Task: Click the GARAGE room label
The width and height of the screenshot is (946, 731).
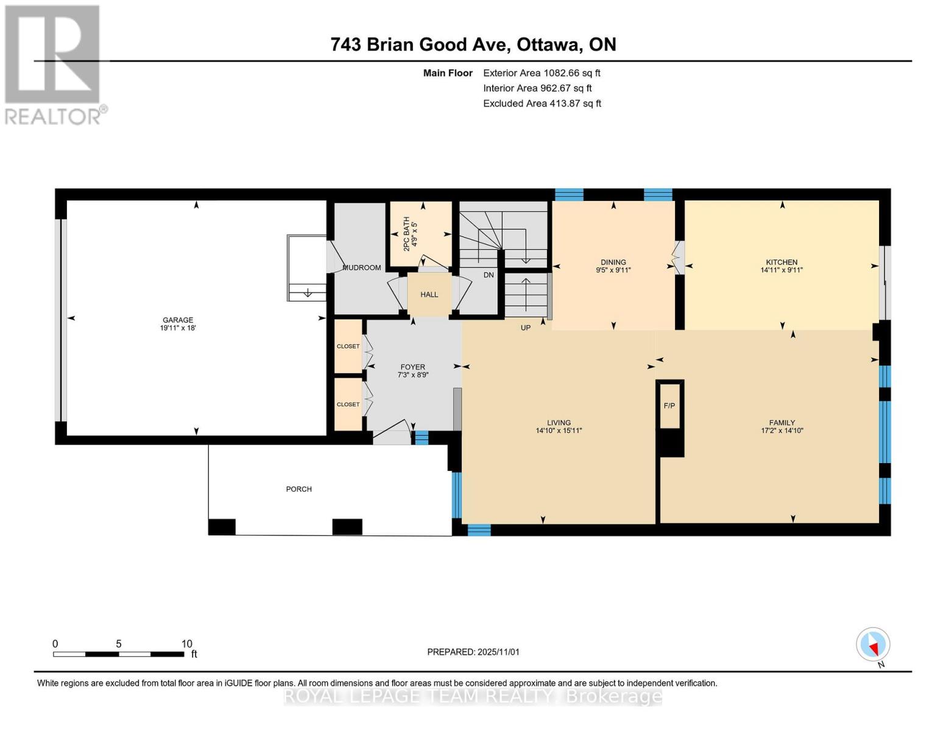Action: click(x=177, y=320)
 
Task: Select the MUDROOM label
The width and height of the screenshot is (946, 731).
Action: click(x=362, y=267)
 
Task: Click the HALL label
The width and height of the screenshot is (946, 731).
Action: click(x=429, y=294)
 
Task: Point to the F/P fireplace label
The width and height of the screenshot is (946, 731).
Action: click(x=669, y=406)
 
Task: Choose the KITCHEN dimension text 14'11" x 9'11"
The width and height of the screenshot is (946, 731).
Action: click(x=782, y=270)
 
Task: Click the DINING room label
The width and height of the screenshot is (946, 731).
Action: click(x=613, y=263)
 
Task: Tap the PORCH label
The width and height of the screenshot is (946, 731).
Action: click(x=298, y=489)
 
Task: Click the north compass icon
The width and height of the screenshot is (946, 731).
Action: click(x=873, y=644)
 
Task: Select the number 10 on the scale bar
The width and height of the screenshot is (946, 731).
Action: click(x=186, y=644)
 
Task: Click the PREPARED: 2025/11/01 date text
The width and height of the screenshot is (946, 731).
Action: click(x=473, y=652)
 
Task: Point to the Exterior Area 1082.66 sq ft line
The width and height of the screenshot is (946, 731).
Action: click(x=542, y=73)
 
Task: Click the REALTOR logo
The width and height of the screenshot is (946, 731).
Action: click(x=54, y=64)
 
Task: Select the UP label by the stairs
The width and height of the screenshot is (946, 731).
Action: click(x=525, y=328)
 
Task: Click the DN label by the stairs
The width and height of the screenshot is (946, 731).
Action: click(x=489, y=275)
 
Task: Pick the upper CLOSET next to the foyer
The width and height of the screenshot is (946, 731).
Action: click(x=348, y=346)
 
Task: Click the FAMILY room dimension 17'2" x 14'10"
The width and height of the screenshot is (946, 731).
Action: click(x=782, y=430)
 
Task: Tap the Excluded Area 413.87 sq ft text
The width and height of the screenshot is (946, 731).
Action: click(x=542, y=104)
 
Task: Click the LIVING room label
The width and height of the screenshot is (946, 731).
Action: click(x=559, y=422)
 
